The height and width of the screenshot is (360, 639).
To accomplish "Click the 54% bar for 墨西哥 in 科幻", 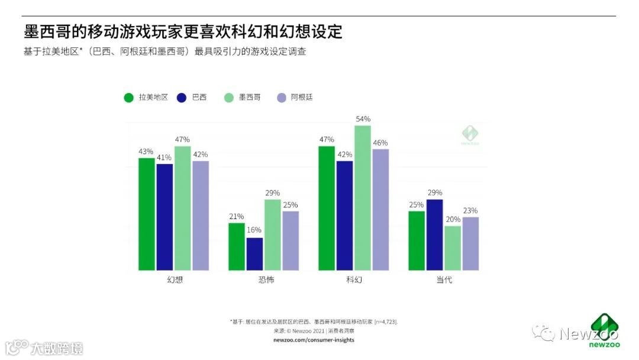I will [363, 198].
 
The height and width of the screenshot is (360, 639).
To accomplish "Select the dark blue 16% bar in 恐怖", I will [254, 254].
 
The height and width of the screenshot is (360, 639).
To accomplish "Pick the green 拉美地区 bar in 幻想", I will [147, 214].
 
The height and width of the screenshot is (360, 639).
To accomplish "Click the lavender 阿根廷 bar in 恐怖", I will [291, 240].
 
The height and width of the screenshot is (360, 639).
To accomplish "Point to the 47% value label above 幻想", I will [183, 140].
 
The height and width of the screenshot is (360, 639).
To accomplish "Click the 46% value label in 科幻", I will [380, 143].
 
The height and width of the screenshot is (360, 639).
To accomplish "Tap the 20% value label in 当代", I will [453, 220].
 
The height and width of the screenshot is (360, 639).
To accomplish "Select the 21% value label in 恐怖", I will [237, 217].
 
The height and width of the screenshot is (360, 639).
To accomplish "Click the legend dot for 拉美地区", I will [128, 98].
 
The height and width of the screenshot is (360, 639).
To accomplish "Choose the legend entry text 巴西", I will [199, 98].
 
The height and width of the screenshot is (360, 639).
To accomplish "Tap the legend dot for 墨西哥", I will [229, 98].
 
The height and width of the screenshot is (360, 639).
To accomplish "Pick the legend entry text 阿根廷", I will [302, 98].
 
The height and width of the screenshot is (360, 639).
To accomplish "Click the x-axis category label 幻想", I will [174, 279].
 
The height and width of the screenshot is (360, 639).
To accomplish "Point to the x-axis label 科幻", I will [354, 279].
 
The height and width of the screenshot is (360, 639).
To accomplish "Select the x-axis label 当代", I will [444, 279].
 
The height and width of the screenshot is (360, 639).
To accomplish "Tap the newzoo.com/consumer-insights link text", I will [314, 340].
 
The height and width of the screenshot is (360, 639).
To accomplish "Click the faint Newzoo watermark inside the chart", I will [470, 135].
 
